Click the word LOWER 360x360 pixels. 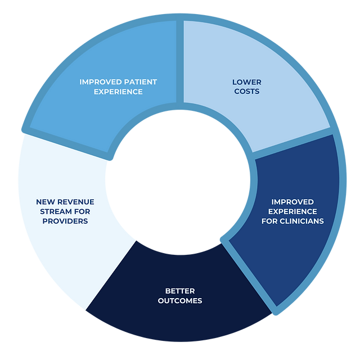pyautogui.click(x=246, y=82)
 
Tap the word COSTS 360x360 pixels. pyautogui.click(x=246, y=91)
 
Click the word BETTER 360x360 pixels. pyautogui.click(x=180, y=291)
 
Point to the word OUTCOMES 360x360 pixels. pyautogui.click(x=180, y=300)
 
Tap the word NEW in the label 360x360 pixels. pyautogui.click(x=46, y=201)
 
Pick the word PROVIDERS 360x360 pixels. pyautogui.click(x=65, y=221)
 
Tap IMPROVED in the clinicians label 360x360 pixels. pyautogui.click(x=292, y=201)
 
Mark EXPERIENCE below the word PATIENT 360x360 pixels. pyautogui.click(x=119, y=91)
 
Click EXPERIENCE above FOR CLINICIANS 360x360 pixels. pyautogui.click(x=292, y=211)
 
